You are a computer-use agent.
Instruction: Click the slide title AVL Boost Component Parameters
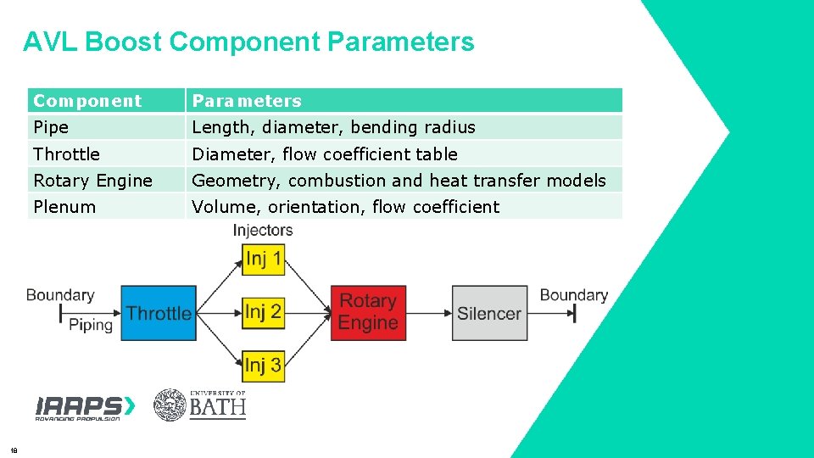tap(248, 42)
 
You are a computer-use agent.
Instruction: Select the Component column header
tap(87, 101)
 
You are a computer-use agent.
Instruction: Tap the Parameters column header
tap(247, 101)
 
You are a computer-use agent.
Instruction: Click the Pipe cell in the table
tap(51, 127)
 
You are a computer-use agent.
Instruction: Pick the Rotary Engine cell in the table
tap(92, 181)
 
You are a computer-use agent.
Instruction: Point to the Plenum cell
tap(64, 207)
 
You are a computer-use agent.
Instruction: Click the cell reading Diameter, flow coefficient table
tap(325, 154)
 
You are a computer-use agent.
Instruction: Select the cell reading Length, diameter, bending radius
tap(333, 127)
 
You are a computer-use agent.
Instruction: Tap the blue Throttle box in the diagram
tap(158, 313)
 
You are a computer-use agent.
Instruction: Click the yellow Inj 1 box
tap(263, 259)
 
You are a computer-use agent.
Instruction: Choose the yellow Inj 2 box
tap(263, 312)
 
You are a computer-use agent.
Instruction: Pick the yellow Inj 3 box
tap(263, 366)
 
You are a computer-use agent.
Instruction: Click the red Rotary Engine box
tap(368, 312)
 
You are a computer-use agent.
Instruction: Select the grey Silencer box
tap(489, 313)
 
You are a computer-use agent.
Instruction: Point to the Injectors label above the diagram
tap(263, 230)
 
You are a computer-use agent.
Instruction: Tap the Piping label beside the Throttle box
tap(91, 325)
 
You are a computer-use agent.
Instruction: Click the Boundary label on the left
tap(59, 295)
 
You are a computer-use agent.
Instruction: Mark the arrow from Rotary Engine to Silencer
tap(428, 313)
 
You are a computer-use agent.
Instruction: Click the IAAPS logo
tap(85, 407)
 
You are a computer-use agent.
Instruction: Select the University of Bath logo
tap(200, 405)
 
